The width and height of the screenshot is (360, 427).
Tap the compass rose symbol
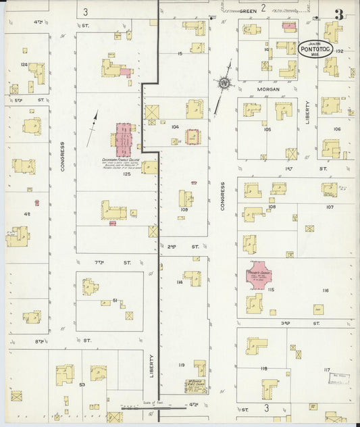(x=223, y=83)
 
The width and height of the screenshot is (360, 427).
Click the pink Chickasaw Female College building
(x=124, y=139)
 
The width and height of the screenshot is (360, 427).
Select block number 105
(x=267, y=129)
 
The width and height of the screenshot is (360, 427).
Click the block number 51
(x=115, y=301)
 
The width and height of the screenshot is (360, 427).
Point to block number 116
(x=325, y=290)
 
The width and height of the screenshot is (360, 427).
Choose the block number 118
(x=263, y=368)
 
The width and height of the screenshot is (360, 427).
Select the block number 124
(x=24, y=65)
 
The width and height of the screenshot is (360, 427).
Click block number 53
(x=82, y=384)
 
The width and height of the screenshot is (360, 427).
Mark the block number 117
(x=327, y=370)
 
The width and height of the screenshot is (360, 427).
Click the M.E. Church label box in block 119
(x=196, y=386)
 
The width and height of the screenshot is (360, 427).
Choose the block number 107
(x=330, y=207)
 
